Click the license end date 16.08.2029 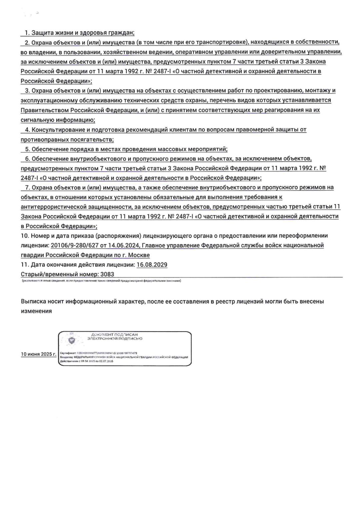click(x=152, y=265)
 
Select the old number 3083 click(x=107, y=274)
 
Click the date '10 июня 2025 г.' click(x=38, y=354)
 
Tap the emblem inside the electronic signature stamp click(x=71, y=341)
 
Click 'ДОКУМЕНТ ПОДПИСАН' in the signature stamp click(x=114, y=334)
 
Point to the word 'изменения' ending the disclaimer click(x=36, y=311)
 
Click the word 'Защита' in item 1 click(x=41, y=33)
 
